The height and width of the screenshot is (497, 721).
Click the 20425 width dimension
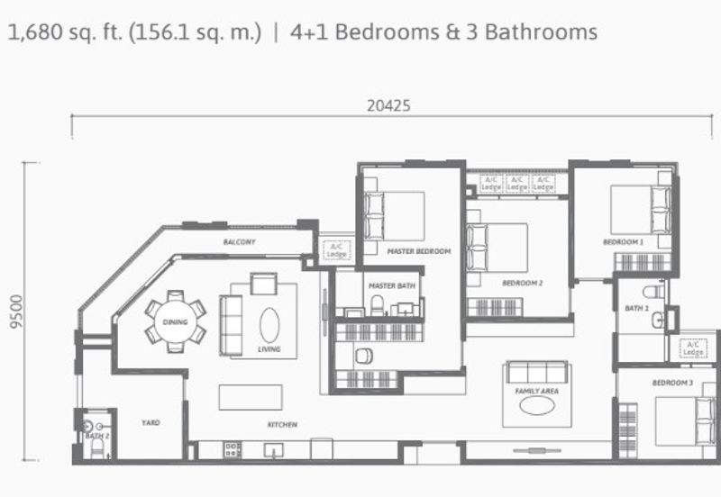388,105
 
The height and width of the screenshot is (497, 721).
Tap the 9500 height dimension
14,311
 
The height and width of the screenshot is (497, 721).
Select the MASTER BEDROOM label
418,251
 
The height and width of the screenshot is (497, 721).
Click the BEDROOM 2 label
522,284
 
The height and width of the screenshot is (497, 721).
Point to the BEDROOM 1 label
623,242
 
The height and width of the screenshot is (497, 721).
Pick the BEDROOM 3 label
672,383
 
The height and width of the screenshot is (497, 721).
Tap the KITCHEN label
282,424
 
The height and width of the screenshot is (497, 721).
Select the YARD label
150,421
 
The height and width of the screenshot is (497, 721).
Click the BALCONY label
240,242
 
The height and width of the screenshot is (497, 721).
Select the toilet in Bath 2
88,427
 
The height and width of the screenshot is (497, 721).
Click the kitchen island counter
250,397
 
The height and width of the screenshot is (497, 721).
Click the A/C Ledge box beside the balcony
338,249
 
